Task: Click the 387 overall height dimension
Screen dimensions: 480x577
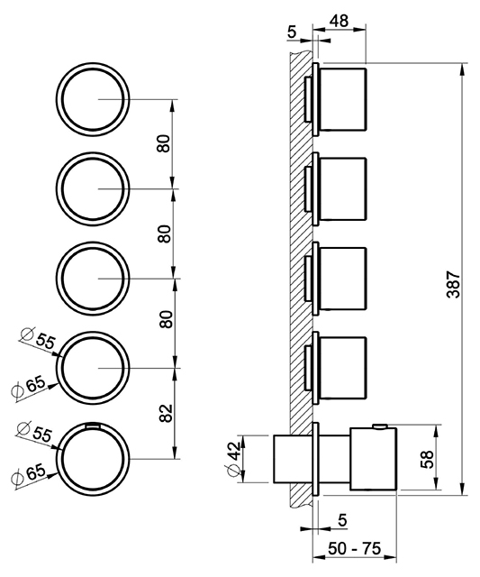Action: point(454,284)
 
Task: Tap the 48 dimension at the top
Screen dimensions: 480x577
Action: point(339,21)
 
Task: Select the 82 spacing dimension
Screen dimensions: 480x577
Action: point(167,413)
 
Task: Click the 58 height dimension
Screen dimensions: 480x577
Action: point(427,459)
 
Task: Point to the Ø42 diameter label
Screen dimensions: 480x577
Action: point(234,459)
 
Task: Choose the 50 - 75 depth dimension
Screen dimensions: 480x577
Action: point(354,549)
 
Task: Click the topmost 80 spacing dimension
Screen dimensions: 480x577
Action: point(164,143)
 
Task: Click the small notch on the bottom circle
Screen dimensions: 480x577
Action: point(93,426)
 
